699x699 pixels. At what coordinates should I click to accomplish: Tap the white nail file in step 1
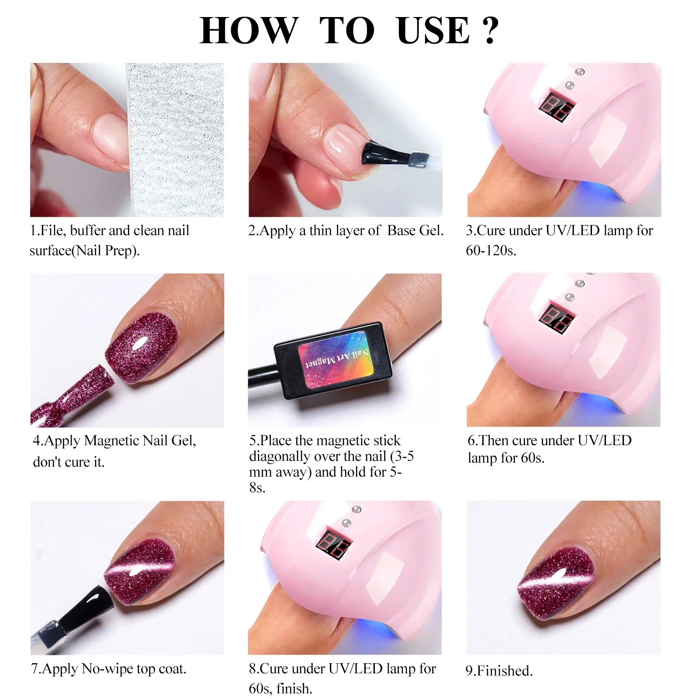click(175, 140)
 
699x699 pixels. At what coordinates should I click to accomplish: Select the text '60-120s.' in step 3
click(491, 251)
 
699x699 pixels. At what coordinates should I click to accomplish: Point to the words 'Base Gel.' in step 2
click(415, 231)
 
